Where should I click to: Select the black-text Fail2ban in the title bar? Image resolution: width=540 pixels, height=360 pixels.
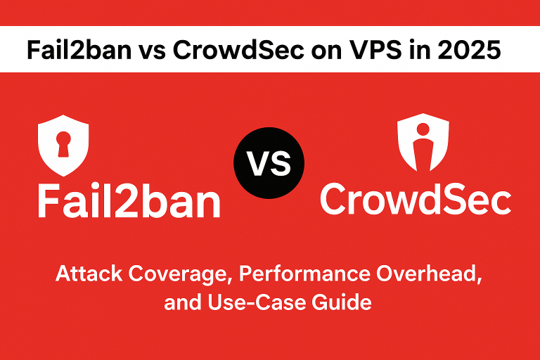[79, 50]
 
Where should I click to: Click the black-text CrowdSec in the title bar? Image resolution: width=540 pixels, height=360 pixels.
[238, 50]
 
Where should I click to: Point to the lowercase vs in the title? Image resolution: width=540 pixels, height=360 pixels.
[152, 52]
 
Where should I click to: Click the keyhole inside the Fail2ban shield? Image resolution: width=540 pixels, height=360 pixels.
[63, 143]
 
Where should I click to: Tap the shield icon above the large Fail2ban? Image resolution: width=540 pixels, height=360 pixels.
[63, 146]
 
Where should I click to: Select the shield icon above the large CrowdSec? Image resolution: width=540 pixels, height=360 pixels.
[423, 142]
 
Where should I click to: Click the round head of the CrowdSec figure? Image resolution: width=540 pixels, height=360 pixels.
[423, 129]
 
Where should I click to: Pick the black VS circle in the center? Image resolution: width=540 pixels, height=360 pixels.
[269, 163]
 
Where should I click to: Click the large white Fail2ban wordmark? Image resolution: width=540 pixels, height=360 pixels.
[129, 200]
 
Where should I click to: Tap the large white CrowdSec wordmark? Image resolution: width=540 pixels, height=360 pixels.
[416, 199]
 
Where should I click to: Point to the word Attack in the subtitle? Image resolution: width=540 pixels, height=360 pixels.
[89, 274]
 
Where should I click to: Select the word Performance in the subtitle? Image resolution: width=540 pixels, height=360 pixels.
[304, 274]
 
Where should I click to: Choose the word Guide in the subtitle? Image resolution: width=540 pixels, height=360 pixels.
[342, 302]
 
